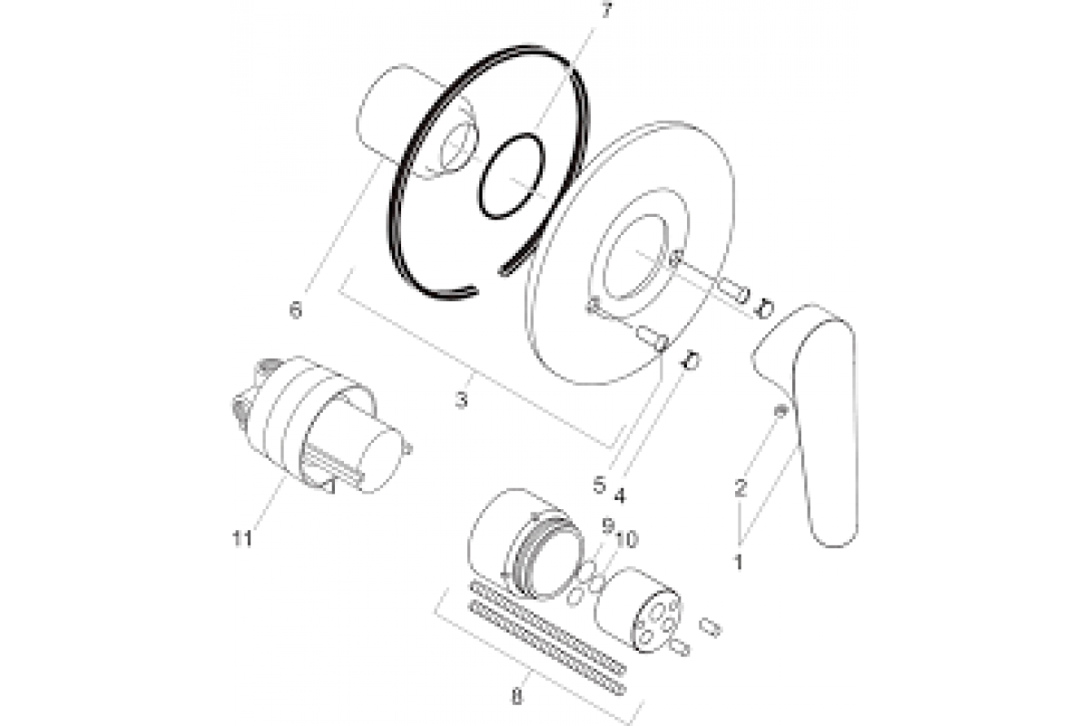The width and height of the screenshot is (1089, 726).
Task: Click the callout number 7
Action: [606, 10]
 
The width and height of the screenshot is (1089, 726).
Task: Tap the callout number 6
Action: [296, 309]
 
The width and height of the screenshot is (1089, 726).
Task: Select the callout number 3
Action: [461, 399]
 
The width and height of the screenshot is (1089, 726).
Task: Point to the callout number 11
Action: [242, 538]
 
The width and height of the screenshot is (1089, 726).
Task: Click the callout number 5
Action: [599, 485]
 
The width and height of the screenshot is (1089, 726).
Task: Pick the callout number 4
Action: [619, 495]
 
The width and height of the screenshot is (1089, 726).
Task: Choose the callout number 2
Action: [740, 487]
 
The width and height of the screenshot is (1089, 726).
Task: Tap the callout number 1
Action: [739, 562]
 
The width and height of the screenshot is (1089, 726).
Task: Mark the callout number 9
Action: [607, 525]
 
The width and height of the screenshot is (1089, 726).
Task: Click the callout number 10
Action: [627, 539]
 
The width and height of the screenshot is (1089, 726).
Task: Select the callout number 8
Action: [516, 698]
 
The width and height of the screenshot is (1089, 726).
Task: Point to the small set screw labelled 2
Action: [780, 410]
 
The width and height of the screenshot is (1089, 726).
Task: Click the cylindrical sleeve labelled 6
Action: [416, 122]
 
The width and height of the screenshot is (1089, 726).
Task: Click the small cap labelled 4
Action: [691, 361]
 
